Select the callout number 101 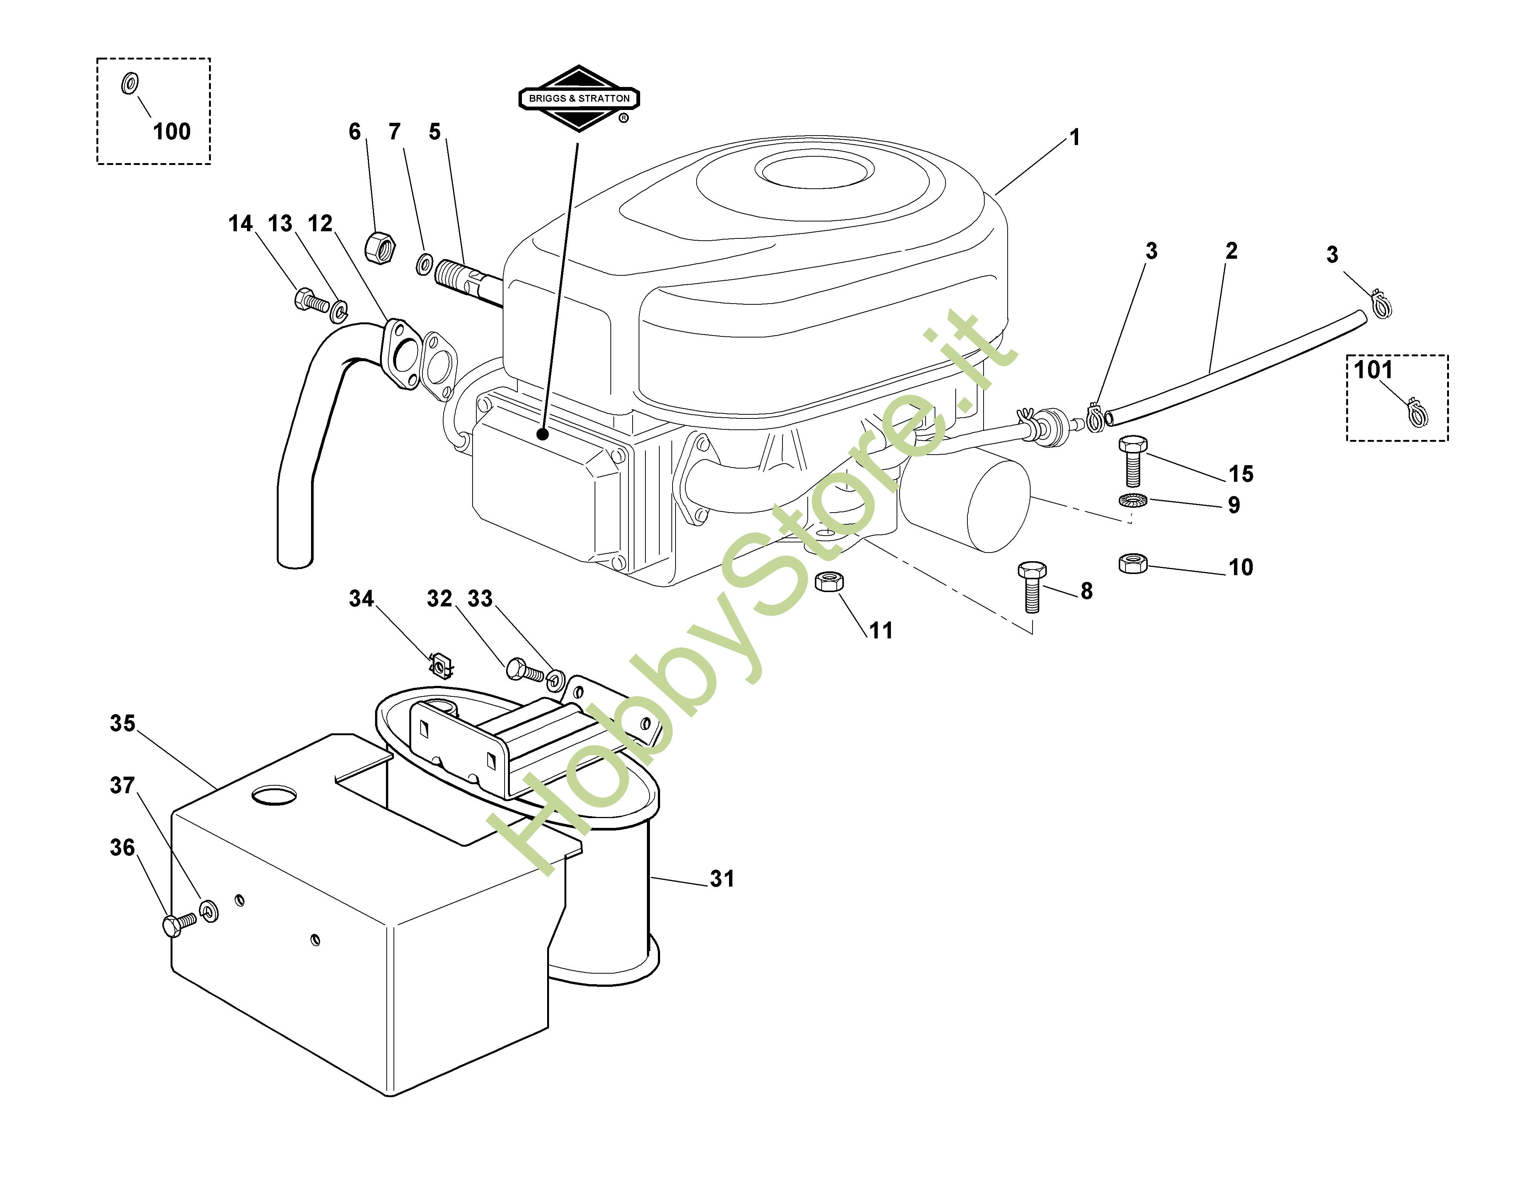tap(1373, 369)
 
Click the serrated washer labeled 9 tap(1133, 502)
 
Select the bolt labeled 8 tap(1031, 586)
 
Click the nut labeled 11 tap(830, 581)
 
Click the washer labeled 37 tap(209, 910)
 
